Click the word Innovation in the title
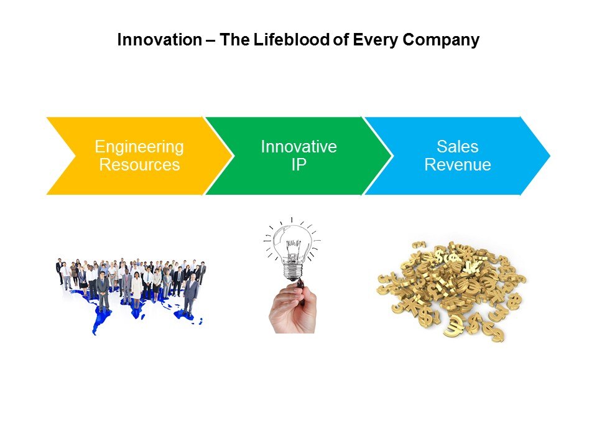click(x=160, y=40)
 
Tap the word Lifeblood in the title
click(x=292, y=40)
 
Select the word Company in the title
click(x=441, y=40)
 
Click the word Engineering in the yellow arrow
click(x=139, y=147)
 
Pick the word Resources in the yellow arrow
click(x=139, y=164)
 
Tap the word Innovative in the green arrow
click(x=299, y=147)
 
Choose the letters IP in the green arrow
click(x=299, y=164)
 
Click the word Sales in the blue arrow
click(x=457, y=147)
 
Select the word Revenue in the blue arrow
click(x=458, y=164)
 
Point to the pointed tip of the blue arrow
click(x=550, y=156)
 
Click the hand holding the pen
click(x=292, y=309)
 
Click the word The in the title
click(x=234, y=40)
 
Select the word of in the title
click(x=341, y=40)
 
